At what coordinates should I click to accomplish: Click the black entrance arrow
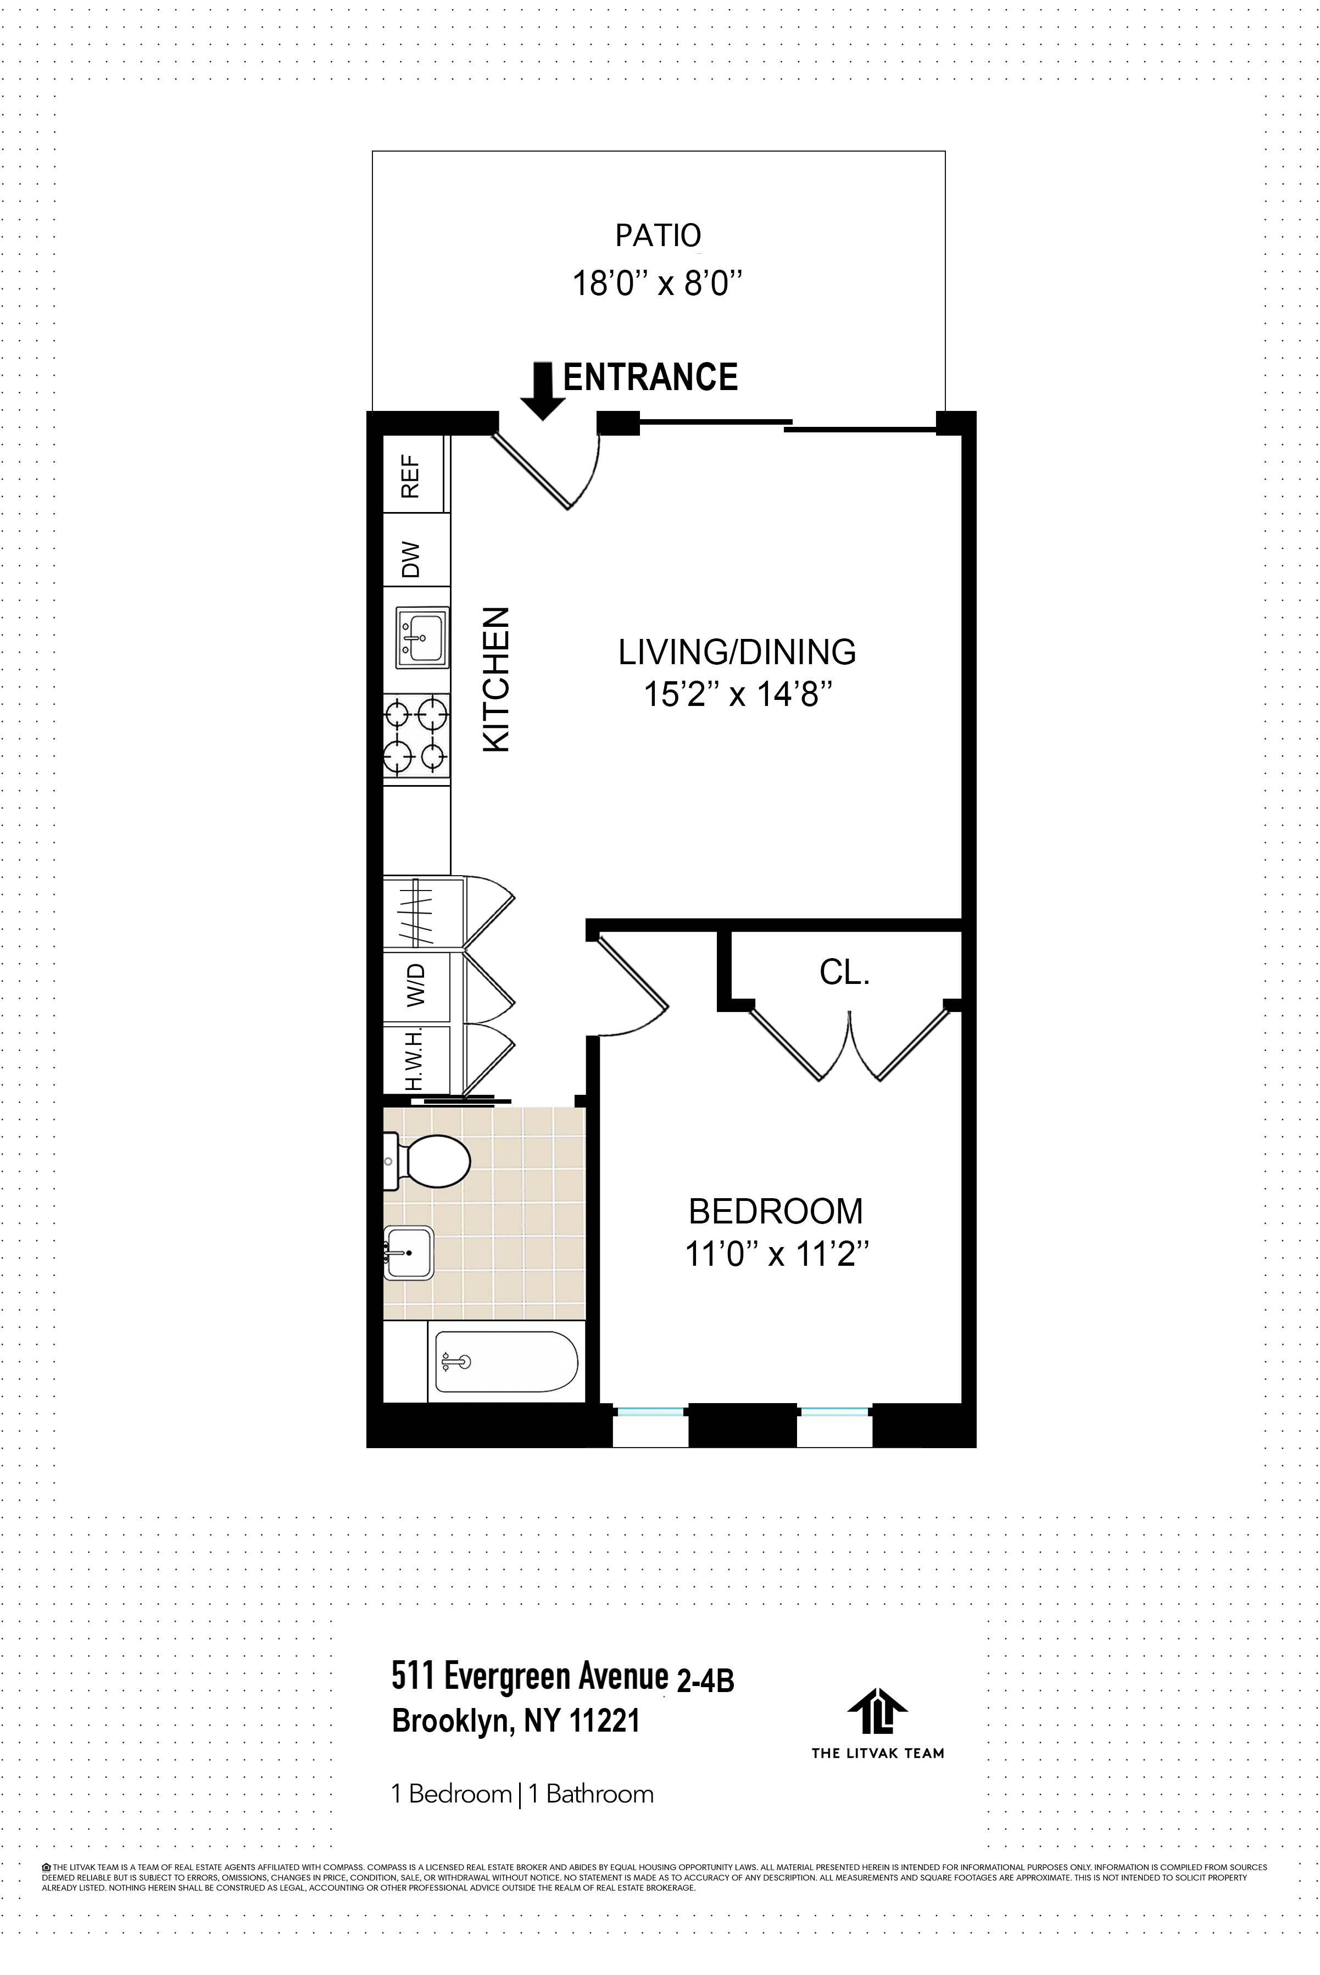[543, 392]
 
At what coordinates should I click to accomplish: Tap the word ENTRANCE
[650, 377]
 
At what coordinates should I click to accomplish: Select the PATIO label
[658, 236]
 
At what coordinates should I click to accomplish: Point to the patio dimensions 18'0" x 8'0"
[658, 283]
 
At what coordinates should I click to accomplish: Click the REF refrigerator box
[413, 476]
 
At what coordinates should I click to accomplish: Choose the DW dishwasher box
[413, 558]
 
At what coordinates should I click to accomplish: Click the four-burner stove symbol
[417, 736]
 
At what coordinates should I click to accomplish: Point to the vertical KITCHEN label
[496, 680]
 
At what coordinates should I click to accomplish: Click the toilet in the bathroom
[430, 1162]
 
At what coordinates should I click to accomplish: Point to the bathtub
[506, 1362]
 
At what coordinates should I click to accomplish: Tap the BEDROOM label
[775, 1211]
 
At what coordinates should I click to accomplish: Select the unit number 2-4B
[705, 1681]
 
